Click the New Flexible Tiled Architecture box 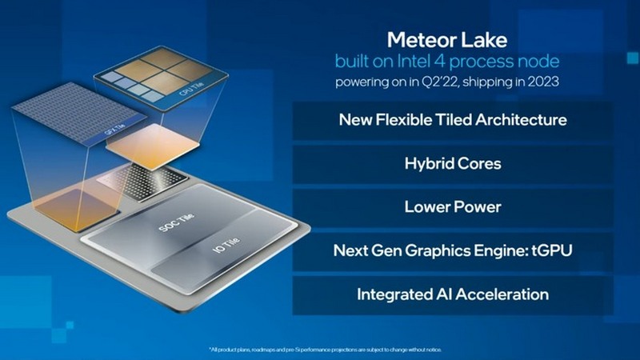(x=453, y=121)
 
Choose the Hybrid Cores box (x=453, y=164)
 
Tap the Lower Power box (x=453, y=207)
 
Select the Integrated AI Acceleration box (x=453, y=294)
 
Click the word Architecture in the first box (x=524, y=121)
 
